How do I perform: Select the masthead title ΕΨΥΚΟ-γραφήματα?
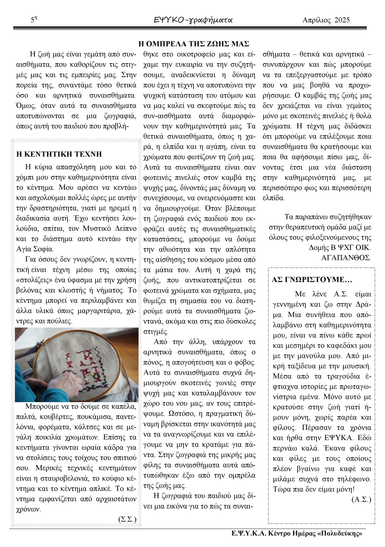point(193,20)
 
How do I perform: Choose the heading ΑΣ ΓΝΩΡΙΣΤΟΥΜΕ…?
point(312,280)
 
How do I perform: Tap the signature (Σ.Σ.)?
point(127,519)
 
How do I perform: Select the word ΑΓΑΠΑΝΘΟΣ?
point(346,258)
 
